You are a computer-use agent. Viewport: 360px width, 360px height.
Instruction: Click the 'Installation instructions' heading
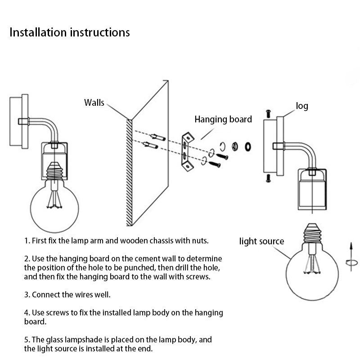click(70, 33)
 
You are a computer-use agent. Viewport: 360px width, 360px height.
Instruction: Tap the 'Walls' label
click(94, 103)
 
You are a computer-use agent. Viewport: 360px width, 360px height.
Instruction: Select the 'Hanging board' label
click(223, 119)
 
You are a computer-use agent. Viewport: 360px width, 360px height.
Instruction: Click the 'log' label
click(302, 106)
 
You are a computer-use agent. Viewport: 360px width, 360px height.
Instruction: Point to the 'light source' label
click(261, 241)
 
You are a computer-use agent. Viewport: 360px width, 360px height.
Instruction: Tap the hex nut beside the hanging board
click(234, 146)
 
